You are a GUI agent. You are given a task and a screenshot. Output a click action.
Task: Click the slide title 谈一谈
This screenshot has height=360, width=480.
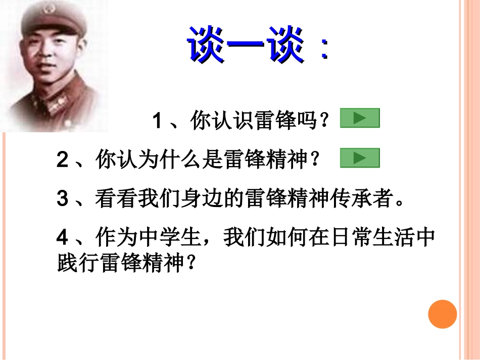(246, 45)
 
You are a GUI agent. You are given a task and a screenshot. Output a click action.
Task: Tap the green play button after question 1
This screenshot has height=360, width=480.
(360, 118)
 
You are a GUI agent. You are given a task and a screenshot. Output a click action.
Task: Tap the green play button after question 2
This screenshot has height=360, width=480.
(360, 158)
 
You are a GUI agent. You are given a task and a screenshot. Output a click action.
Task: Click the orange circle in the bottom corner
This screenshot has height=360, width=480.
(443, 314)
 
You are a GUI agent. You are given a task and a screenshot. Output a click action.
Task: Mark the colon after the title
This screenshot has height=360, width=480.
(323, 48)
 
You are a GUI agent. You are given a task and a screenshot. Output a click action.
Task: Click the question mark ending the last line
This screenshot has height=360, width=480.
(190, 265)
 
